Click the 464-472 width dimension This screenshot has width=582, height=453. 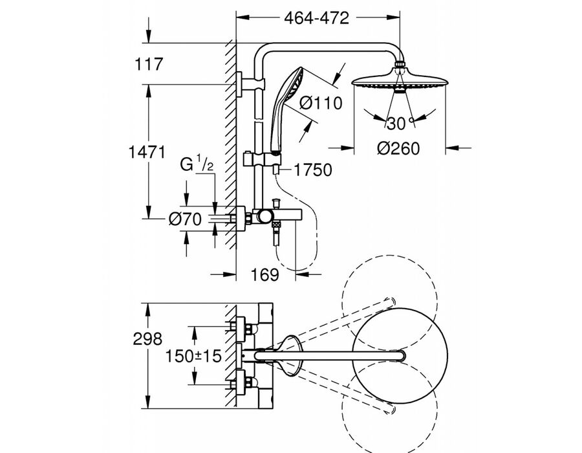click(x=317, y=18)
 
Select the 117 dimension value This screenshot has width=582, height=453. click(x=149, y=64)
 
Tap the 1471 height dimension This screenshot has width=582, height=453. click(x=147, y=152)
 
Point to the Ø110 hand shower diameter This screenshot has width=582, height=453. click(x=321, y=102)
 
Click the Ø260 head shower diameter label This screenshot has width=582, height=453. click(x=398, y=148)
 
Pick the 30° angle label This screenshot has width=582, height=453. click(x=400, y=123)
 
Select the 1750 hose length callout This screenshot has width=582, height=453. click(x=313, y=170)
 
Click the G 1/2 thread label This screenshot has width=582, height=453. click(x=197, y=164)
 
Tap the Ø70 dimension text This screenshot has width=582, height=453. click(x=185, y=219)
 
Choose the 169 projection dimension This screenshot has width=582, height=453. click(x=264, y=274)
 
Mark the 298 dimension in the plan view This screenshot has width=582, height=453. click(x=147, y=338)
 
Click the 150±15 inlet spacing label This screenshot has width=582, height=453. click(x=193, y=357)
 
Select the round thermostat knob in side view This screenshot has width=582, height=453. click(x=264, y=217)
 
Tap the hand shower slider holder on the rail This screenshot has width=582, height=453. click(x=262, y=160)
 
